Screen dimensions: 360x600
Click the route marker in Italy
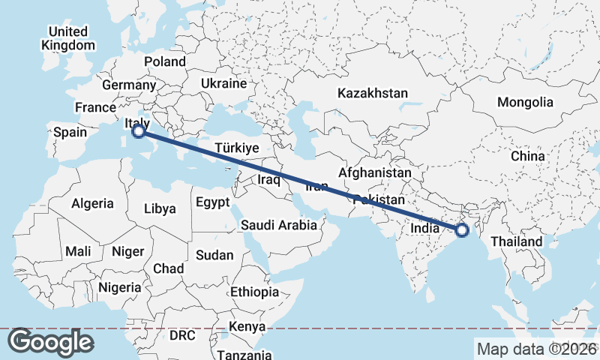tap(138, 131)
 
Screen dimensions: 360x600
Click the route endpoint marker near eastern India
tap(463, 230)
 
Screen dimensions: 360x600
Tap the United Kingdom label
tap(68, 38)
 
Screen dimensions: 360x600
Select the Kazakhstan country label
tap(373, 94)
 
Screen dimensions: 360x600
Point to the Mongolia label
tap(525, 102)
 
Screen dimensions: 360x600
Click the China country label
tap(527, 157)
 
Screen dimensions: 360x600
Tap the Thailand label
tap(516, 242)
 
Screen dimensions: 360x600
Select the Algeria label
tap(92, 203)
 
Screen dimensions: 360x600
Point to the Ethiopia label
tap(255, 292)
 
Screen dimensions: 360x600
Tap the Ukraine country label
tap(223, 83)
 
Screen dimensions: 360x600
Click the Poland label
tap(164, 61)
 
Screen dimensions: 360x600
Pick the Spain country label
tap(70, 133)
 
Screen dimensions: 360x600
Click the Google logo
tap(50, 342)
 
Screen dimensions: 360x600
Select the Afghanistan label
tap(375, 173)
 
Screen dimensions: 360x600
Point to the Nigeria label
tap(119, 287)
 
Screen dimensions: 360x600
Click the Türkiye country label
tap(236, 148)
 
